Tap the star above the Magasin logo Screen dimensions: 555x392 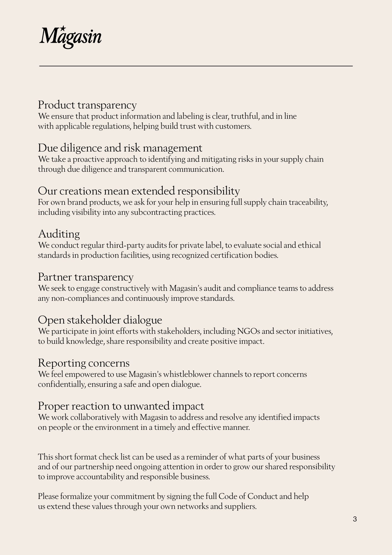click(x=63, y=28)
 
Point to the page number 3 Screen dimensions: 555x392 click(x=355, y=519)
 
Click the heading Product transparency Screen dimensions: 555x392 click(x=87, y=105)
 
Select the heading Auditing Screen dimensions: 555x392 click(x=59, y=234)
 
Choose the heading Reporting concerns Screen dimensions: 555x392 click(x=84, y=363)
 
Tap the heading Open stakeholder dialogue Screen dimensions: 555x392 click(x=100, y=320)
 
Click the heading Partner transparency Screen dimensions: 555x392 click(x=86, y=277)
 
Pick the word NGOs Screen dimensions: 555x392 click(x=248, y=331)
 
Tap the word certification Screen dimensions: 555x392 click(x=231, y=255)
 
